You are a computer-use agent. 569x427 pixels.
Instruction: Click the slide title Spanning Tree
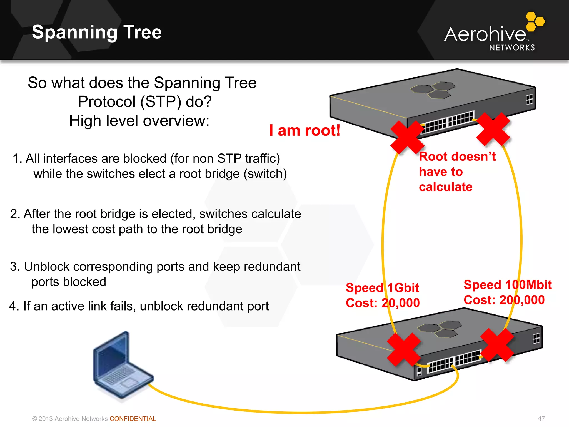click(97, 32)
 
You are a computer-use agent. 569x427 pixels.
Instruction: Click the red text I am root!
click(305, 130)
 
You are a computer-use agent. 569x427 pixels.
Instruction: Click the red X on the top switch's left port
click(407, 137)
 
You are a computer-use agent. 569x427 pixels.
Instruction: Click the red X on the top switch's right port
click(493, 129)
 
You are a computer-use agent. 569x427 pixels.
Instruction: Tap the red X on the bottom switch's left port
click(404, 349)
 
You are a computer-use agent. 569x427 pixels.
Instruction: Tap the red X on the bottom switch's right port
click(497, 345)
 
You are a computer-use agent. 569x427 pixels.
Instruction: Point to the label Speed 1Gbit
click(382, 287)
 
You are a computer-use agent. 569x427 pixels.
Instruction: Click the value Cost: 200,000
click(504, 300)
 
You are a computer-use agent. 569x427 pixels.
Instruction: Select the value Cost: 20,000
click(383, 303)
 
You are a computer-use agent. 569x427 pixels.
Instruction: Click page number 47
click(541, 418)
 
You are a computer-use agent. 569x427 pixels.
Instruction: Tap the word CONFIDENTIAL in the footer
click(133, 419)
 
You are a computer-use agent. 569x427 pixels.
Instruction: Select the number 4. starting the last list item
click(14, 306)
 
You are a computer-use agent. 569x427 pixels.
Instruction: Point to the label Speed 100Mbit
click(507, 285)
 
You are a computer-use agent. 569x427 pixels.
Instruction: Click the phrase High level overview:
click(139, 121)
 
